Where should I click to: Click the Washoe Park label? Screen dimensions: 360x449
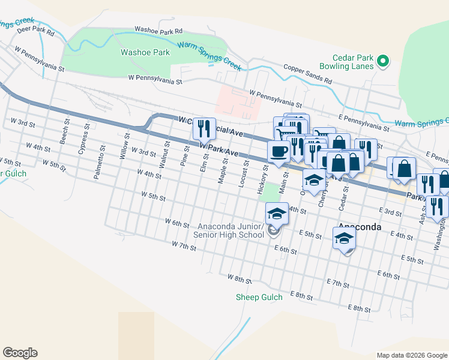145,52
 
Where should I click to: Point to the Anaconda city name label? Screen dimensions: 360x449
360,227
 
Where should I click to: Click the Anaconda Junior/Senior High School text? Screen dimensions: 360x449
228,230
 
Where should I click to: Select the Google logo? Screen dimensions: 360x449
20,353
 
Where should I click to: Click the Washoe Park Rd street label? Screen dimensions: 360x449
158,29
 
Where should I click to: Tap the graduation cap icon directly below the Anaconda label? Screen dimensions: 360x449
345,238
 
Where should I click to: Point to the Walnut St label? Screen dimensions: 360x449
162,155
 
